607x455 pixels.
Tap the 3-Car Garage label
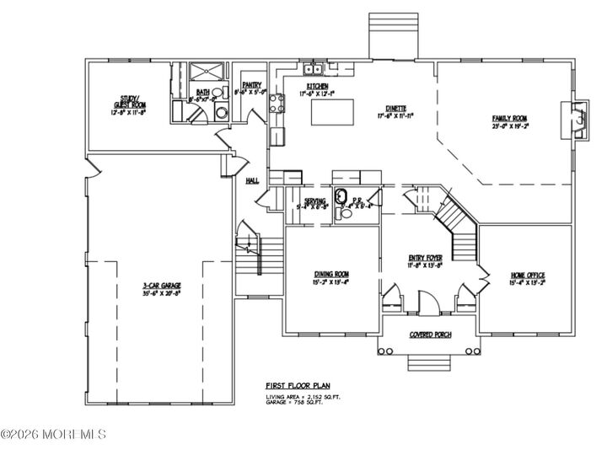(x=162, y=286)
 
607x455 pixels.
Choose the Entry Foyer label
(x=425, y=260)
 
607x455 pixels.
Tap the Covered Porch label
(x=430, y=335)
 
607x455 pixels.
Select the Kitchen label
(x=319, y=85)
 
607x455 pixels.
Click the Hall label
(x=251, y=180)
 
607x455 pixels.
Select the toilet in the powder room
(x=344, y=214)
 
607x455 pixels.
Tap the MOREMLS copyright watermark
(x=54, y=434)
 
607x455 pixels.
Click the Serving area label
(x=314, y=201)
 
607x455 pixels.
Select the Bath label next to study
(x=203, y=92)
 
